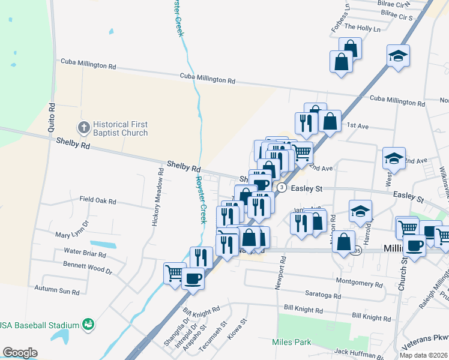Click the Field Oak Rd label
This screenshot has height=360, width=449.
98,200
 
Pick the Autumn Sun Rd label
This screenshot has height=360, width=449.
57,292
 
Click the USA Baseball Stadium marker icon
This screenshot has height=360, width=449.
88,325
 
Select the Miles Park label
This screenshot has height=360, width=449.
291,342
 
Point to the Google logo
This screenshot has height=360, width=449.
20,353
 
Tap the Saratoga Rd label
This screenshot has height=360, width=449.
321,296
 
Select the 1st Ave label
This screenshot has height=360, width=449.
357,126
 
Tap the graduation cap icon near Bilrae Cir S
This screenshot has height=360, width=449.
398,56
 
